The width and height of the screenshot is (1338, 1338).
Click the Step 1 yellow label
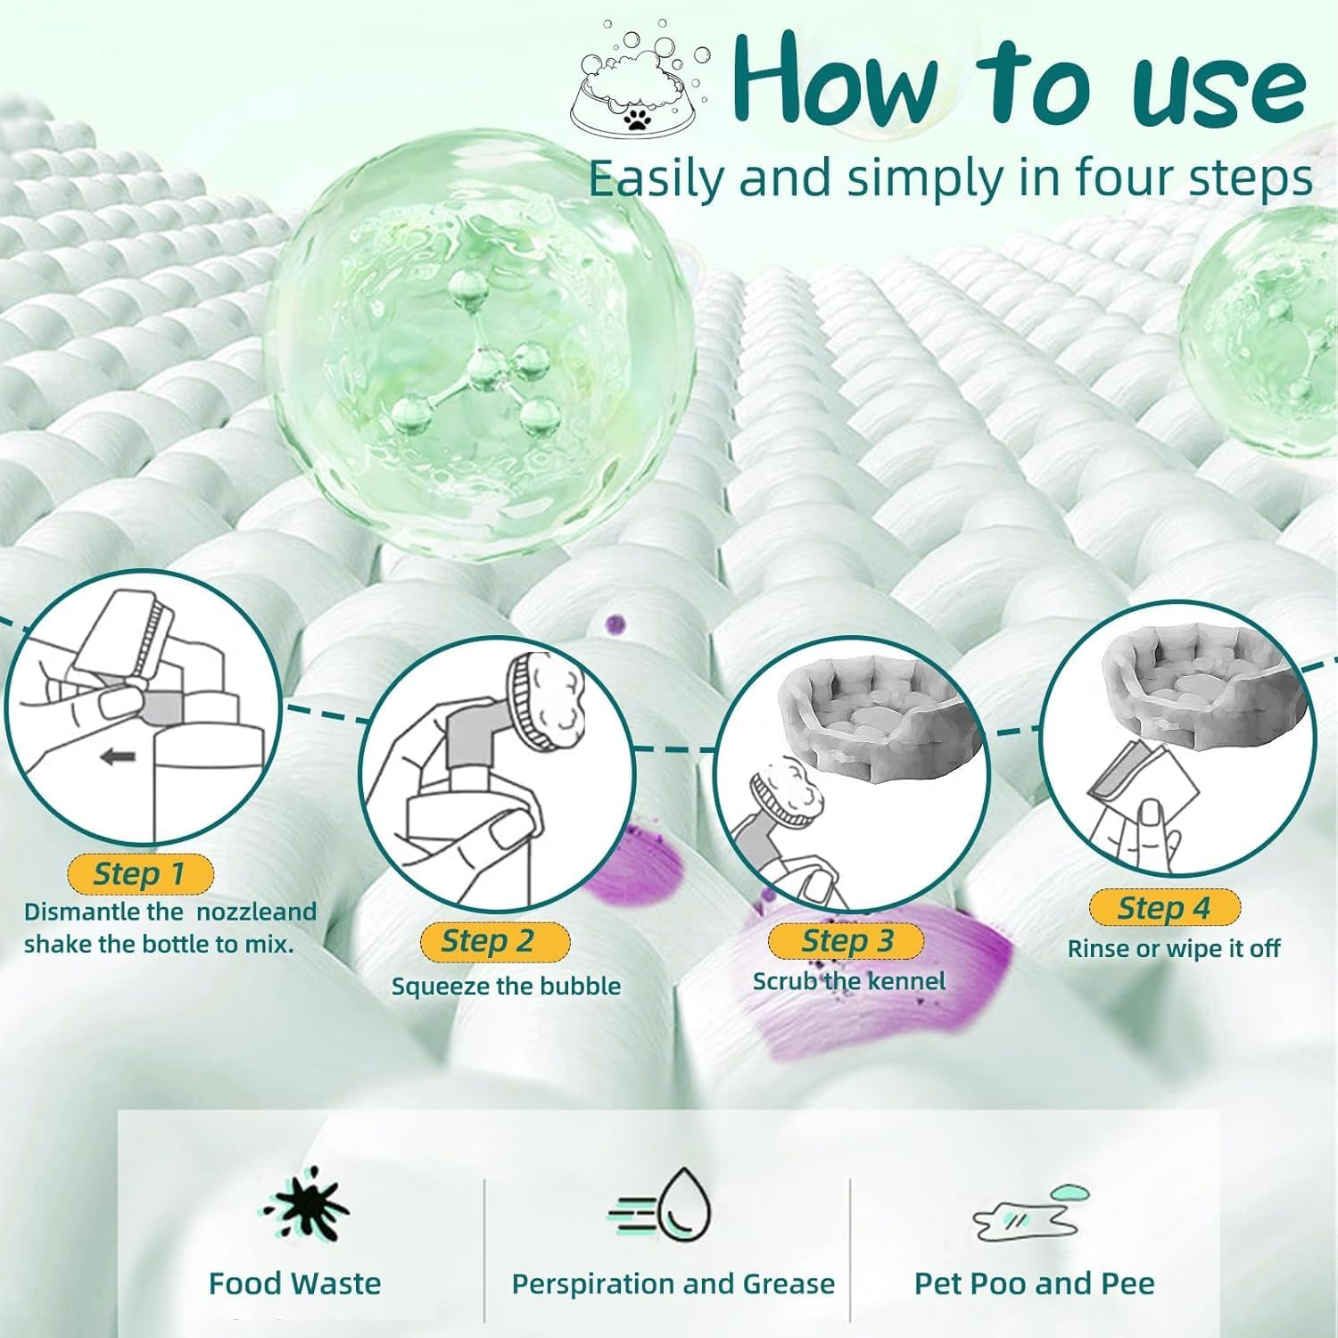(140, 873)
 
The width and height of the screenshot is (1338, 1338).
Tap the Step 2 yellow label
(493, 941)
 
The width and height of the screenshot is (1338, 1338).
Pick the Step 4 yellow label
(1164, 908)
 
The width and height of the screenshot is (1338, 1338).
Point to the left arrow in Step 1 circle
(118, 758)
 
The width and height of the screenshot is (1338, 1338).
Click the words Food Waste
(294, 1284)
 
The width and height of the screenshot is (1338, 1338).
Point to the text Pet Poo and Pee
(1035, 1284)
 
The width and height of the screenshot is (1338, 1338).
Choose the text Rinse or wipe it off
(1174, 948)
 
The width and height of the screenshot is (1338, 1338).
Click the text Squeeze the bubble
(506, 986)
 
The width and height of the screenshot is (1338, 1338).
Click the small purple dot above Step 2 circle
(615, 624)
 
